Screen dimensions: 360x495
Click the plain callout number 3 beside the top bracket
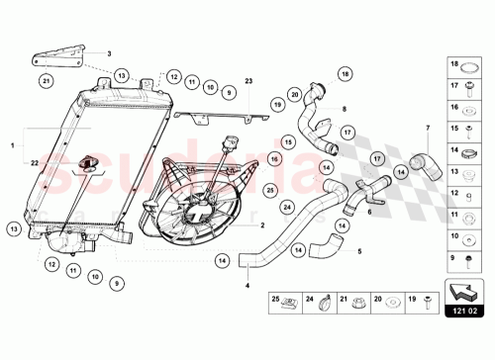pos(109,53)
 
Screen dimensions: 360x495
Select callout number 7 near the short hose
pos(427,129)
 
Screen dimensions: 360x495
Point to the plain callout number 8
pos(344,110)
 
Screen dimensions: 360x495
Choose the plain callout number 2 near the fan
pos(261,225)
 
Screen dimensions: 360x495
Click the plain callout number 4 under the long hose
pos(247,287)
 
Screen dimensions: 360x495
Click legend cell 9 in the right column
pos(459,258)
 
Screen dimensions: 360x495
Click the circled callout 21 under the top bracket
pos(46,79)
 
